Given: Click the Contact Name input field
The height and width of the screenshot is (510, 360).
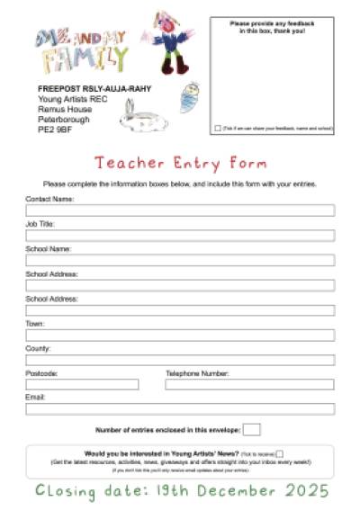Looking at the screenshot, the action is click(180, 210).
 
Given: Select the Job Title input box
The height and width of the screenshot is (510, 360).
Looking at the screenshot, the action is click(180, 236).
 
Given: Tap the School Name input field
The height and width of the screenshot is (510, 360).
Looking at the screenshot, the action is click(180, 260).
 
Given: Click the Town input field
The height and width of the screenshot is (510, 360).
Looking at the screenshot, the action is click(180, 336).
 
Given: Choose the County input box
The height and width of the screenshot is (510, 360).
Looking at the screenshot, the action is click(180, 360).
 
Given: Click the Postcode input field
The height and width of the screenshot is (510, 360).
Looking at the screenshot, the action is click(82, 385).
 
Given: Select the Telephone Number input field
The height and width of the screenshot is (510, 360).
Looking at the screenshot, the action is click(249, 385).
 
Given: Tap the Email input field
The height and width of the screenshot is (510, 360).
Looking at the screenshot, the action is click(180, 409).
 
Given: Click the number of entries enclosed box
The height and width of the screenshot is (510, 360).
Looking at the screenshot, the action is click(252, 430).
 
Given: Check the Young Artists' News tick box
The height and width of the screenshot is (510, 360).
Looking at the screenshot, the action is click(280, 454).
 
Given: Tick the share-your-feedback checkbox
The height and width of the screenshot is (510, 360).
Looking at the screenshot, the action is click(218, 129).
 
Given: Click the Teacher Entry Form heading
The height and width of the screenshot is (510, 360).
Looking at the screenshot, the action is click(180, 164).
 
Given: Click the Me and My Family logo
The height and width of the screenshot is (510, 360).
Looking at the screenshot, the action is click(81, 50).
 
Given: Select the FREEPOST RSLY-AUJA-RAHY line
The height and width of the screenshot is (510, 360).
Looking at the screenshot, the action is click(94, 89).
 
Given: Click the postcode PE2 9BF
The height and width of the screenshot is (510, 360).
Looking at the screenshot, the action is click(54, 130).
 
